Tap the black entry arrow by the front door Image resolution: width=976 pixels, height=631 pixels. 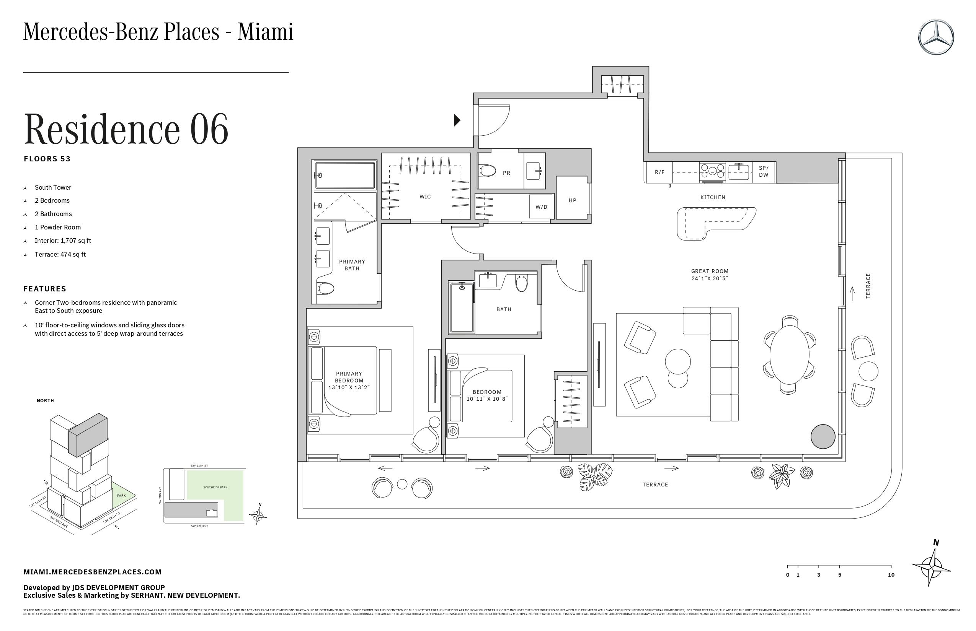pyautogui.click(x=457, y=120)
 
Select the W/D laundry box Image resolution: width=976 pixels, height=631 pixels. pyautogui.click(x=541, y=207)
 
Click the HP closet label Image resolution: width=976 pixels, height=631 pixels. pyautogui.click(x=572, y=200)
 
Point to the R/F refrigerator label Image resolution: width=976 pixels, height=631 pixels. pyautogui.click(x=659, y=172)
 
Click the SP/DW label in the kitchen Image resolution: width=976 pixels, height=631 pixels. pyautogui.click(x=763, y=171)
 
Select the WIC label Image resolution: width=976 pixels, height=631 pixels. pyautogui.click(x=425, y=197)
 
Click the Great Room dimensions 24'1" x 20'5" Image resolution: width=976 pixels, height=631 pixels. pyautogui.click(x=710, y=278)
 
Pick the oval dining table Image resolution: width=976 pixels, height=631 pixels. pyautogui.click(x=789, y=355)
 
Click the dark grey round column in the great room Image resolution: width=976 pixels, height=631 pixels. pyautogui.click(x=823, y=437)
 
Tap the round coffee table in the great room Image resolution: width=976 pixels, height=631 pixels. pyautogui.click(x=677, y=361)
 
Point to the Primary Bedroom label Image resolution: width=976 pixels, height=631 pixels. pyautogui.click(x=349, y=377)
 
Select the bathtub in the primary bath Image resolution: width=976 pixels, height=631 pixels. pyautogui.click(x=345, y=176)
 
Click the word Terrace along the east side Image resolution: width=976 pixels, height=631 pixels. pyautogui.click(x=868, y=286)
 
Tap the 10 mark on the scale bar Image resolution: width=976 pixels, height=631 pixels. pyautogui.click(x=891, y=575)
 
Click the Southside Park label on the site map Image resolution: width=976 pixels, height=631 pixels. pyautogui.click(x=215, y=487)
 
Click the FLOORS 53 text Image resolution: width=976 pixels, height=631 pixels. pyautogui.click(x=47, y=159)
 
